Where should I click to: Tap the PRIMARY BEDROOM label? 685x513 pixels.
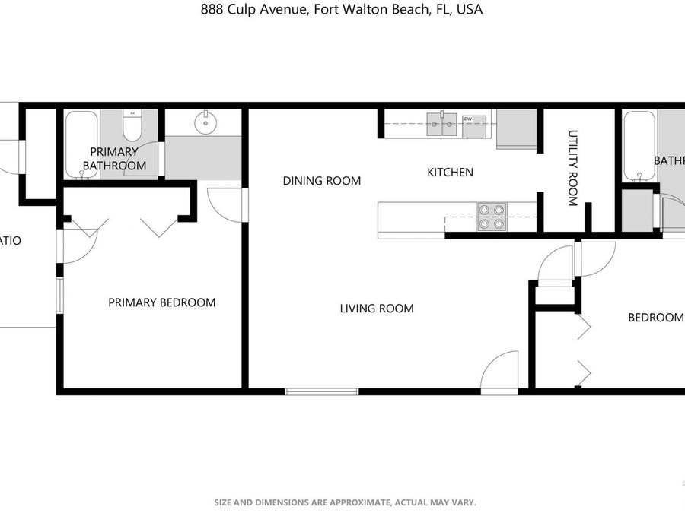coord(161,302)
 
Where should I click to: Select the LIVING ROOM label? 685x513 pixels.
coord(377,309)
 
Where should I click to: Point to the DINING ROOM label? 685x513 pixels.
coord(321,181)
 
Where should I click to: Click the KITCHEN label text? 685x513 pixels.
coord(450,173)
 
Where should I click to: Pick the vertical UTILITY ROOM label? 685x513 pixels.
coord(572,168)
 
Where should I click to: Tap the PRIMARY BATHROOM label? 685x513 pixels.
coord(114,159)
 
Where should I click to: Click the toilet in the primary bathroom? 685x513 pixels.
coord(132,126)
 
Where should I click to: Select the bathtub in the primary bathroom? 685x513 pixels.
coord(81,144)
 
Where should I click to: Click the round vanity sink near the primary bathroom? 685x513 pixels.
coord(204,122)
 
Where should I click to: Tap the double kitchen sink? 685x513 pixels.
coord(441,124)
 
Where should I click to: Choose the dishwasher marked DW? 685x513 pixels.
coord(474,125)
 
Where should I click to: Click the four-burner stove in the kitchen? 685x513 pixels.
coord(491,217)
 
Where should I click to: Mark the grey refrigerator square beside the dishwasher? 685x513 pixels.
coord(517,129)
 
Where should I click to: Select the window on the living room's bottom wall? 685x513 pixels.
coord(321,391)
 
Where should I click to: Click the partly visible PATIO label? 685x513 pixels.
coord(10,241)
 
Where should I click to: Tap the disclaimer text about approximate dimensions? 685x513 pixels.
coord(345,502)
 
